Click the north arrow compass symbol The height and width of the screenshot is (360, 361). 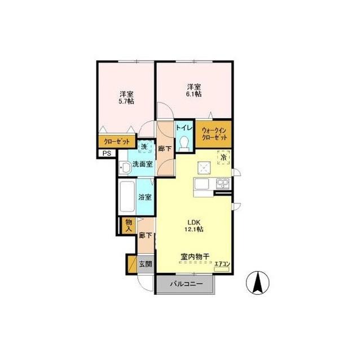tap(258, 282)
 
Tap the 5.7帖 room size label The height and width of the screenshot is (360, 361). tap(126, 101)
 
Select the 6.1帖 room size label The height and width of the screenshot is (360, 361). tap(194, 94)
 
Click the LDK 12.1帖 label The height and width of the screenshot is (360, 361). tap(195, 225)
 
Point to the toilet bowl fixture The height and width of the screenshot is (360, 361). tap(184, 144)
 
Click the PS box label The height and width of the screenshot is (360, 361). tap(107, 153)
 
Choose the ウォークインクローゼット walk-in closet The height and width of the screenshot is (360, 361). tap(213, 134)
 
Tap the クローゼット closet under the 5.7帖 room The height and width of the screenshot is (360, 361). tap(117, 141)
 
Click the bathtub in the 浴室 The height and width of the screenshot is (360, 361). tap(127, 197)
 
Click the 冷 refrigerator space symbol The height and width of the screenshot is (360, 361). tap(223, 158)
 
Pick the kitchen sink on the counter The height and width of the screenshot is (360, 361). tap(223, 184)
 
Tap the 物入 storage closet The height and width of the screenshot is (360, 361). tap(129, 225)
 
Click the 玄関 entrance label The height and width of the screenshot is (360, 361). tap(146, 264)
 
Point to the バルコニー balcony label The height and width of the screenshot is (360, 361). tap(186, 284)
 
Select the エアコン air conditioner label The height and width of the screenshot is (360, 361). tap(222, 264)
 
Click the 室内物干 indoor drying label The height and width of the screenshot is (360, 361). tap(195, 256)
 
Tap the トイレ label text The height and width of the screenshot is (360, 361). tap(184, 127)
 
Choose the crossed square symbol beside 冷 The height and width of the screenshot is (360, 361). tap(204, 168)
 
